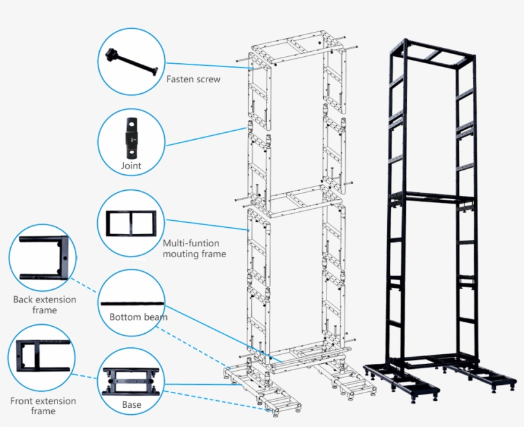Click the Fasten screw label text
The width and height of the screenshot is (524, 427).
point(193,80)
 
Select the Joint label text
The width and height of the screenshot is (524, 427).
point(131,166)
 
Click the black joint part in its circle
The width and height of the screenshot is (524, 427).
point(131,137)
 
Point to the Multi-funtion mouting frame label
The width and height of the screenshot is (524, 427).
point(194,248)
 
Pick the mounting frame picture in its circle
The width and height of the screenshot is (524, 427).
point(131,223)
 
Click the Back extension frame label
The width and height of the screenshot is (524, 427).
point(44,304)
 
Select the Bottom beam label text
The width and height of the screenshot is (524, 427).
point(138,317)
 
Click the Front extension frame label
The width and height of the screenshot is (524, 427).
point(43,406)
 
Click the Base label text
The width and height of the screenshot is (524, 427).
point(132,405)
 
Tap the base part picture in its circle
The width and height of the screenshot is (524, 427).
point(131,382)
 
